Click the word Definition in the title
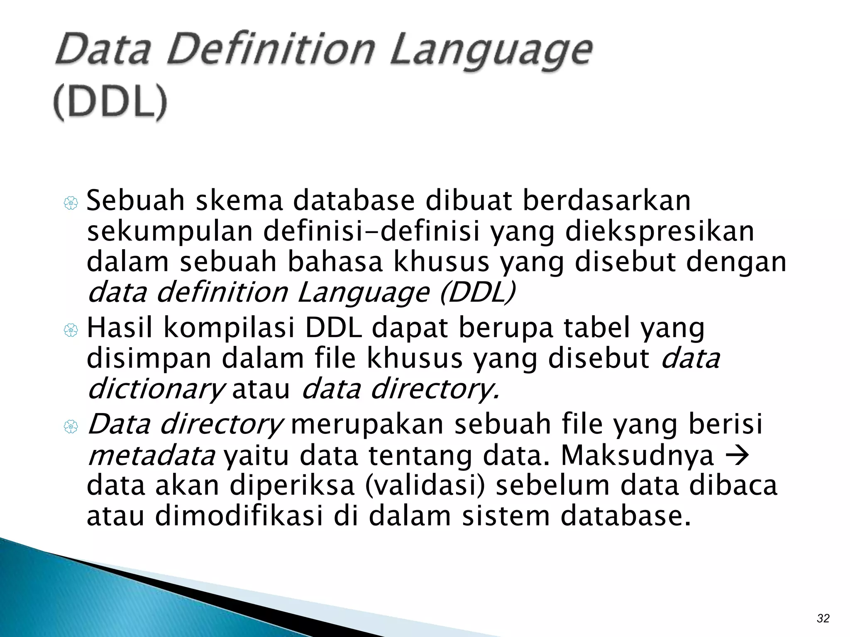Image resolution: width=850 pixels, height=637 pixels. click(x=271, y=51)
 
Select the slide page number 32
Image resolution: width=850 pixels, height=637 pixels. click(x=823, y=618)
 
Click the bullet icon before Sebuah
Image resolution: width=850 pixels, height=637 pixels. click(x=71, y=203)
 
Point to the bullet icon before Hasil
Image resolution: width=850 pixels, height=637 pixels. click(x=71, y=330)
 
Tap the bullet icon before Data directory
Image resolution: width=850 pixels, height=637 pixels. click(x=71, y=426)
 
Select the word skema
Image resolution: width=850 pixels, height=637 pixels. click(x=239, y=201)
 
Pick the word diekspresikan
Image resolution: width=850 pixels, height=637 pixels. click(x=660, y=231)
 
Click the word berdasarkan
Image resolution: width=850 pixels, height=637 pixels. click(x=606, y=201)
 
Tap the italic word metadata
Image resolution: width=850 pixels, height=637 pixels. click(x=151, y=456)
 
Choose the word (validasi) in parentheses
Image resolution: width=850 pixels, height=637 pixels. click(x=425, y=486)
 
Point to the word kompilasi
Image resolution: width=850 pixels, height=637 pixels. click(x=229, y=328)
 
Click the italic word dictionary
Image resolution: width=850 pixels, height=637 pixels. click(x=155, y=389)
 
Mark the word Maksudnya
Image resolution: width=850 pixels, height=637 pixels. click(x=637, y=456)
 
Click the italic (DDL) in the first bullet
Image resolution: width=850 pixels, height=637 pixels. click(x=478, y=292)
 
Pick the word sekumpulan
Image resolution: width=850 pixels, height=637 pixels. click(x=170, y=231)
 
